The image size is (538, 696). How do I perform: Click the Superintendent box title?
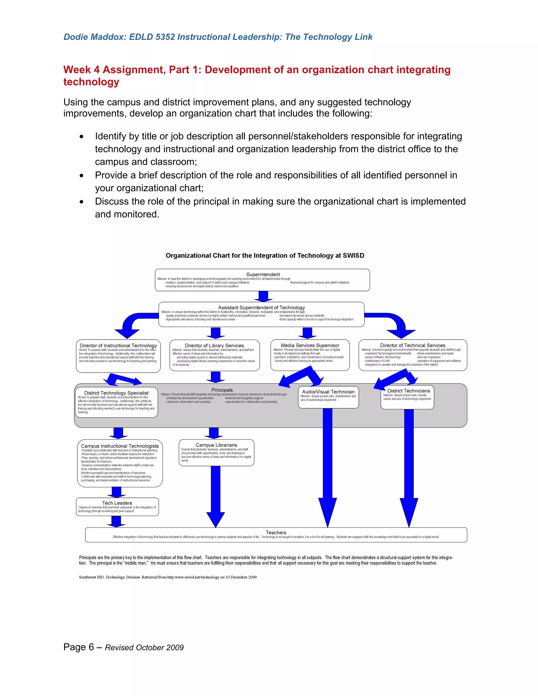click(263, 274)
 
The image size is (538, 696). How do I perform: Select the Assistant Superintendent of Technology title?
click(261, 308)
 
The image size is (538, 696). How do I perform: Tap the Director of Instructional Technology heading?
click(118, 345)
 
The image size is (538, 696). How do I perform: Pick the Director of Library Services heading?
click(214, 345)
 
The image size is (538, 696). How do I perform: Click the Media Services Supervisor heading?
click(310, 345)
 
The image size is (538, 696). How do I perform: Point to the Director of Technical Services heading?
click(412, 345)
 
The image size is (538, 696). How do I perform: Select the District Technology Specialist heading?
click(116, 393)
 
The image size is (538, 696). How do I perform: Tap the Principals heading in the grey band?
click(222, 390)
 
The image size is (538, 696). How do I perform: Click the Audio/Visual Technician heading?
click(328, 392)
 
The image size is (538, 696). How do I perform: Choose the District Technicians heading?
click(408, 391)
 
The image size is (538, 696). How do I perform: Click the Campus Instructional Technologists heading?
click(120, 446)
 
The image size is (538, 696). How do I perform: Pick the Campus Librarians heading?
click(216, 445)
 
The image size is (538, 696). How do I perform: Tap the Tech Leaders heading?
click(117, 503)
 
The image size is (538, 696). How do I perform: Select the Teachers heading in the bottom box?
click(276, 533)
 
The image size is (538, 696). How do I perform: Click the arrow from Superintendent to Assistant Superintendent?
click(263, 296)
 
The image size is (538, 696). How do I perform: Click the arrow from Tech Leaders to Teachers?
click(116, 522)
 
